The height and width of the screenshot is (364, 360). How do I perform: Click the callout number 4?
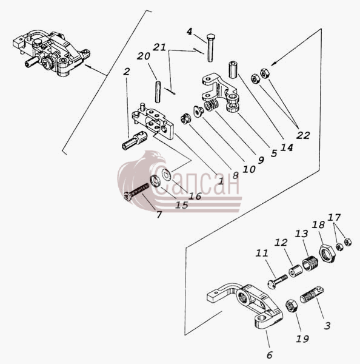pyautogui.click(x=190, y=32)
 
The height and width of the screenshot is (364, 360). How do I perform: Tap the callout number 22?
pyautogui.click(x=303, y=135)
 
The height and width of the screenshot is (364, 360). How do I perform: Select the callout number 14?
pyautogui.click(x=287, y=147)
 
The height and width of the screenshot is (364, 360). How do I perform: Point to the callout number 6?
pyautogui.click(x=270, y=355)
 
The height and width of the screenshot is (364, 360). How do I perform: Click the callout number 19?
pyautogui.click(x=302, y=339)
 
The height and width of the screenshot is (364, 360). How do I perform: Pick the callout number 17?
pyautogui.click(x=334, y=217)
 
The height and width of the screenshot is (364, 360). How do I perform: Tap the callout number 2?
pyautogui.click(x=126, y=72)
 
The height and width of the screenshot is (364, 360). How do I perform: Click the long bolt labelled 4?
pyautogui.click(x=210, y=48)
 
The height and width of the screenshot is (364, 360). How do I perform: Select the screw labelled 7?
pyautogui.click(x=136, y=192)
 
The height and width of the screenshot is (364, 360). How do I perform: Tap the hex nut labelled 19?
pyautogui.click(x=292, y=306)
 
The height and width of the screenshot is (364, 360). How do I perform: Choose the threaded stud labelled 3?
pyautogui.click(x=312, y=295)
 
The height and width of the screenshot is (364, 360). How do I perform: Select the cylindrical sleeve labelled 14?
pyautogui.click(x=233, y=70)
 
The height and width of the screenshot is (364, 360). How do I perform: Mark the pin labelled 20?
pyautogui.click(x=158, y=92)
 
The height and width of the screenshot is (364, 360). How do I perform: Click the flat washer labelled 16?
pyautogui.click(x=166, y=174)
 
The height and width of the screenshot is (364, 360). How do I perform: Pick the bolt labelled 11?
pyautogui.click(x=278, y=281)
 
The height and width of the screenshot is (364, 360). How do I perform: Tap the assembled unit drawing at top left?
pyautogui.click(x=52, y=52)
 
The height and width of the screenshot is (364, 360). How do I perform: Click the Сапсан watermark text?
pyautogui.click(x=197, y=182)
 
